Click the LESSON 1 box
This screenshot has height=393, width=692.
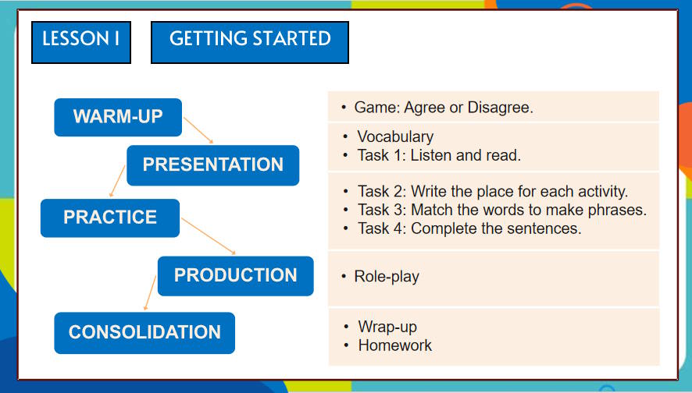[81, 42]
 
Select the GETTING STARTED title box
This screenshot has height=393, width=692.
[249, 42]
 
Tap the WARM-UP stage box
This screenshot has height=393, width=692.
[118, 117]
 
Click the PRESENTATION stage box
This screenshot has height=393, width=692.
[212, 165]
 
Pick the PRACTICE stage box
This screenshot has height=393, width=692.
[110, 218]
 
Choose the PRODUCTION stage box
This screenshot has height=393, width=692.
[235, 275]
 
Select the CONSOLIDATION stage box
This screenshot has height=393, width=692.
[144, 332]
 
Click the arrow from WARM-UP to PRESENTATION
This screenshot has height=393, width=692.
[198, 130]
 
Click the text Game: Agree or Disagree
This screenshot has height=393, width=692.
[443, 108]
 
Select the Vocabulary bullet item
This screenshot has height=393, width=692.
[395, 136]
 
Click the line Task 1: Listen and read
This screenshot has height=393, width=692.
[438, 155]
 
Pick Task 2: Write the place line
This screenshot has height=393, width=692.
[492, 191]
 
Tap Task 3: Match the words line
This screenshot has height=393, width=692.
[501, 210]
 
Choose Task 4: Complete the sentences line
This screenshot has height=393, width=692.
[469, 228]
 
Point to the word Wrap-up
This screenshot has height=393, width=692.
[387, 326]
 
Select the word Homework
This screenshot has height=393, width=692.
[394, 345]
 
